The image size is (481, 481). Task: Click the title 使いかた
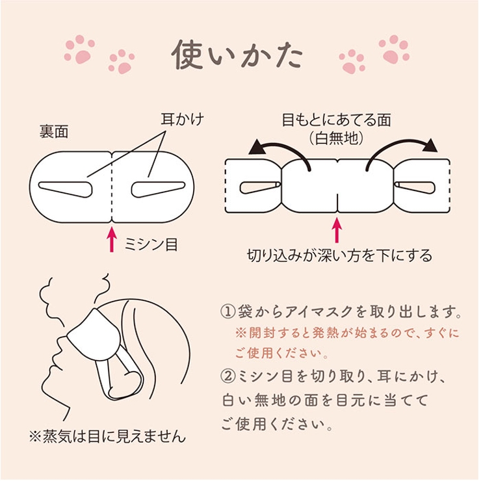click(x=237, y=55)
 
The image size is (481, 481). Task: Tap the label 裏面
click(x=54, y=132)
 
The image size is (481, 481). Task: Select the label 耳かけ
click(x=183, y=119)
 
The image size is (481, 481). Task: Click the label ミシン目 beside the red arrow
click(x=151, y=244)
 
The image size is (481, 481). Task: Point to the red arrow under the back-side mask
click(x=112, y=239)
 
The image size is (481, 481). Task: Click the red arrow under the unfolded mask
click(x=337, y=230)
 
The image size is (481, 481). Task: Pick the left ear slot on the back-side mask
click(x=66, y=189)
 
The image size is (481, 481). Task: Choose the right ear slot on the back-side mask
click(x=159, y=189)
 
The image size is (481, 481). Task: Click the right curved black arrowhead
click(x=430, y=146)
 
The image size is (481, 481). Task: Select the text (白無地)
click(x=337, y=138)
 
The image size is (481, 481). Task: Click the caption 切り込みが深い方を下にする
click(x=340, y=255)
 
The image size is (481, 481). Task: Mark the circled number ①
click(x=229, y=311)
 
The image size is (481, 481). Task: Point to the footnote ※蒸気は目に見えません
click(x=108, y=436)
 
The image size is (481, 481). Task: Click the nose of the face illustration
click(x=59, y=341)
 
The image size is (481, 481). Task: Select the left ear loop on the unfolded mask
click(x=260, y=187)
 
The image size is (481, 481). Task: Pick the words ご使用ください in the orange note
click(x=279, y=354)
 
